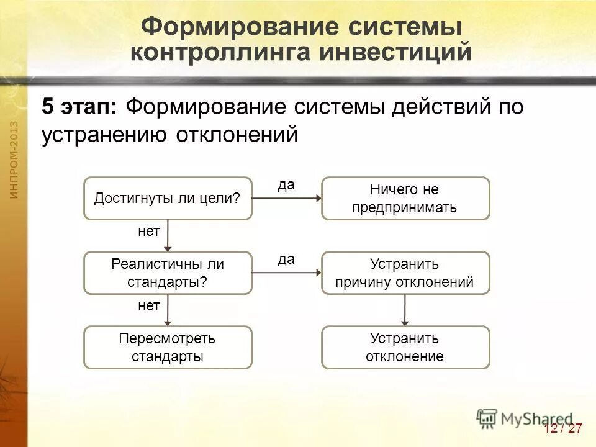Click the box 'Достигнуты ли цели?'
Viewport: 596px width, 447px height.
[168, 198]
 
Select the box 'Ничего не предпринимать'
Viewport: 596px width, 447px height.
[405, 198]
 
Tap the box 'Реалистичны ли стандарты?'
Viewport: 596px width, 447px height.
[168, 273]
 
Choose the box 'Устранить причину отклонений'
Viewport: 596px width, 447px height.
[405, 273]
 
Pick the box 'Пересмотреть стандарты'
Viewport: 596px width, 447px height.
[168, 347]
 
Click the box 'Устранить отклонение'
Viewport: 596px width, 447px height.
[405, 347]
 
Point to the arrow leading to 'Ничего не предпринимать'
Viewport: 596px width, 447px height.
[287, 199]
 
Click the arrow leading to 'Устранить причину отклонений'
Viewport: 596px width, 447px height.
[287, 273]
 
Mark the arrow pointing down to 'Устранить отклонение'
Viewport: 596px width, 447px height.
[405, 309]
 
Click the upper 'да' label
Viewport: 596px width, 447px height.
[286, 185]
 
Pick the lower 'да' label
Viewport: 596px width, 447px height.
[286, 260]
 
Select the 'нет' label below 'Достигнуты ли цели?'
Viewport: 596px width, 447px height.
[148, 232]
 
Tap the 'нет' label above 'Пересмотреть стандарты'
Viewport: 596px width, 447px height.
[148, 305]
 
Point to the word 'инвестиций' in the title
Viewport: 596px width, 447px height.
[395, 52]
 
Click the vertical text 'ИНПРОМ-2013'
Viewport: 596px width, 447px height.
[14, 160]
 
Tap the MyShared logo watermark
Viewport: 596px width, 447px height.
[525, 418]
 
